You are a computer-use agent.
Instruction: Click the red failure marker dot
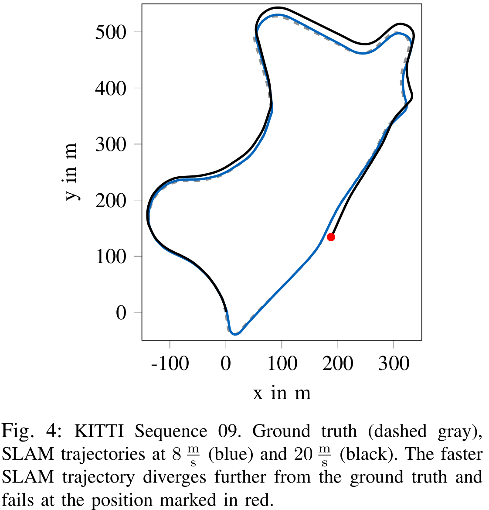(331, 237)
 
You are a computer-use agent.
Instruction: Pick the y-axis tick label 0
(121, 312)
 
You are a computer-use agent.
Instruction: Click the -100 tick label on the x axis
(170, 363)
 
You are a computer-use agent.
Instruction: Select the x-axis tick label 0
(226, 363)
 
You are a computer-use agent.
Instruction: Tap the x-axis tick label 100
(282, 363)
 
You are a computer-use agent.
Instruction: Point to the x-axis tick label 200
(338, 363)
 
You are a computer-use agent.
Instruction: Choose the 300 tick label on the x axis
(394, 363)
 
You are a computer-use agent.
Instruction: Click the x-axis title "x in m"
(282, 393)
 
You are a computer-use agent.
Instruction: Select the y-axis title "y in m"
(71, 171)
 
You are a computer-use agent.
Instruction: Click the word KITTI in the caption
(98, 431)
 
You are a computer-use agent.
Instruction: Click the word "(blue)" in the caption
(231, 454)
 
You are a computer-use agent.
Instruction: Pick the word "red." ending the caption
(258, 500)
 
